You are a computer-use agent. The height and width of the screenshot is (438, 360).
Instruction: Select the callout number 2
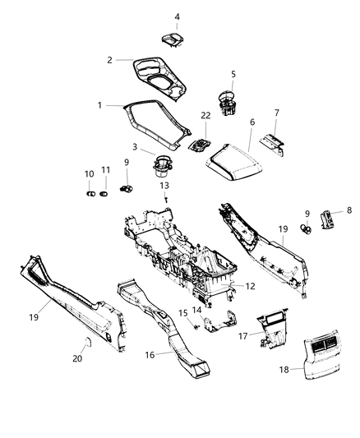pos(109,59)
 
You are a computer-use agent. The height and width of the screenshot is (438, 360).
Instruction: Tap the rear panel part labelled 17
pos(271,327)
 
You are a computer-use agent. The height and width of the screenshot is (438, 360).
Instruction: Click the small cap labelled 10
pos(90,194)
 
